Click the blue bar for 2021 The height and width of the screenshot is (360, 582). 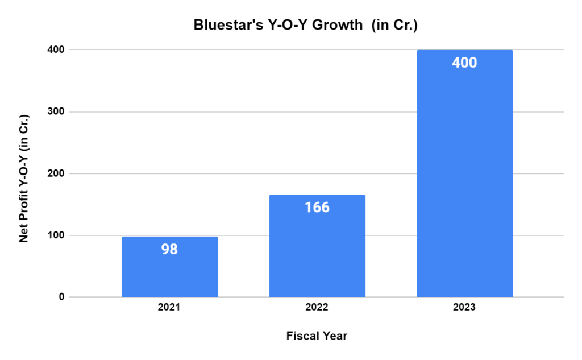(169, 273)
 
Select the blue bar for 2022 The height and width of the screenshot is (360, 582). (317, 256)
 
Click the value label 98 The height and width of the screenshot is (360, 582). (169, 249)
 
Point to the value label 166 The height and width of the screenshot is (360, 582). (317, 208)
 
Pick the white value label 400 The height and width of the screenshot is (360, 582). (464, 63)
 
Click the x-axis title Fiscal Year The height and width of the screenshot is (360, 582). (317, 336)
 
